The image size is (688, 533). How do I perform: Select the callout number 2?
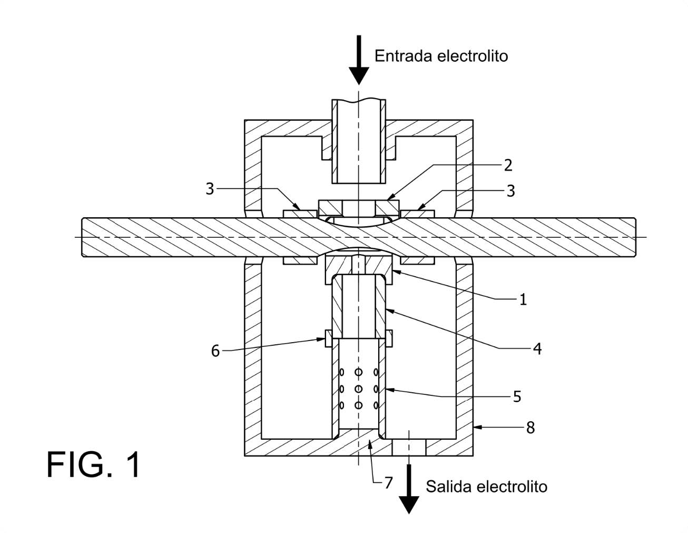[507, 165]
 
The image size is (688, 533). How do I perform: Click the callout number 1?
[523, 299]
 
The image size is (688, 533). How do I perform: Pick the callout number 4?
[537, 348]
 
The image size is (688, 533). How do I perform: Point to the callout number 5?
[517, 396]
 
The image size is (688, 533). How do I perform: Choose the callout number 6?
[215, 351]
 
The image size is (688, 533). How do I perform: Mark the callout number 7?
[388, 482]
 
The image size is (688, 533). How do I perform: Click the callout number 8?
[530, 428]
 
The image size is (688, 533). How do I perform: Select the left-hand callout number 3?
[210, 189]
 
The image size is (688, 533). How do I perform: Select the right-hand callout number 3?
[510, 190]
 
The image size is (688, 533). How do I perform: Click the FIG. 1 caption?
[94, 464]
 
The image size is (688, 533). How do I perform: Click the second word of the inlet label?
[473, 56]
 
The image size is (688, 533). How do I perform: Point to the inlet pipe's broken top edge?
[359, 100]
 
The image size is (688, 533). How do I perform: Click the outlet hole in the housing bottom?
[409, 447]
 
